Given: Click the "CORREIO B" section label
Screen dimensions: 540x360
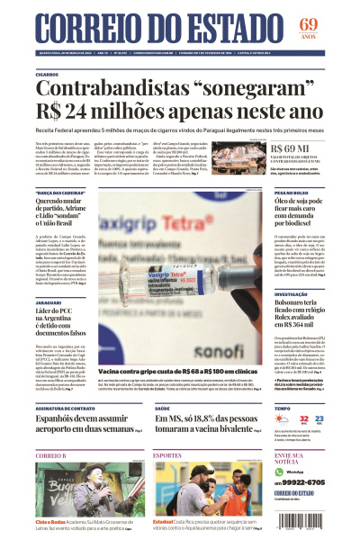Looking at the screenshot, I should pyautogui.click(x=50, y=456).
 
